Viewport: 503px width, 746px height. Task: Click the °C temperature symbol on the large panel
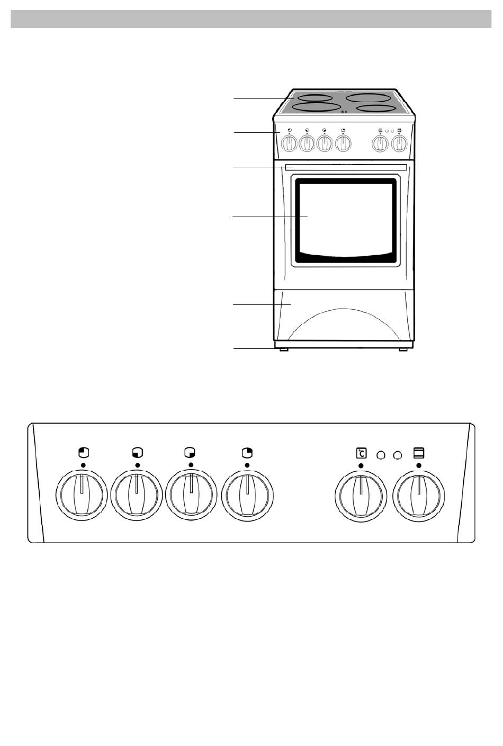(361, 453)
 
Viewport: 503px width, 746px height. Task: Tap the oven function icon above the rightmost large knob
(418, 453)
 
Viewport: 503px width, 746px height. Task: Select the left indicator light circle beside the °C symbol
(381, 454)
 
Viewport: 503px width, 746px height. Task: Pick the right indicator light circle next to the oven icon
(398, 454)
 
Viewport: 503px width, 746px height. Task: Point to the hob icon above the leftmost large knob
(83, 453)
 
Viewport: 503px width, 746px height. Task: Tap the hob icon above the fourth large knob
(247, 453)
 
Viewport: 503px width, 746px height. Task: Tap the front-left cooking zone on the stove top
(316, 107)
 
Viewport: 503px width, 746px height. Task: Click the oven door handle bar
(345, 167)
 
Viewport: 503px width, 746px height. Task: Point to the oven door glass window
(345, 221)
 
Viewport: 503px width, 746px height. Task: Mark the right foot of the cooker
(404, 349)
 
